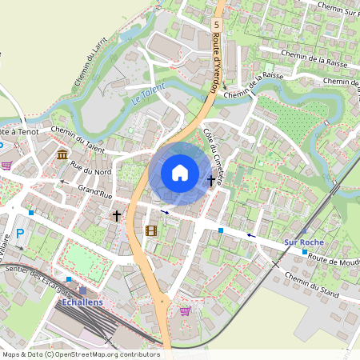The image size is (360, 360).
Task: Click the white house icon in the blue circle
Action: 180,173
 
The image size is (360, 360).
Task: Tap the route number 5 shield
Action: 216,26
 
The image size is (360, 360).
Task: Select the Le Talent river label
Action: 146,94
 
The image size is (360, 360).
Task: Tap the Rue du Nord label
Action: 90,167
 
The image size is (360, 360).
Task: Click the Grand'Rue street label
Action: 94,192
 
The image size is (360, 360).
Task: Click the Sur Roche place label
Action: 302,241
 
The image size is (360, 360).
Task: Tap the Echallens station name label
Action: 83,304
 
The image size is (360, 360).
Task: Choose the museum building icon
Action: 62,154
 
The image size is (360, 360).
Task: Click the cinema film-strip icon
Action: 150,231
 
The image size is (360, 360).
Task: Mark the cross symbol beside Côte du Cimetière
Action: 211,181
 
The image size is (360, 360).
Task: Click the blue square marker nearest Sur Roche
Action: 304,251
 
